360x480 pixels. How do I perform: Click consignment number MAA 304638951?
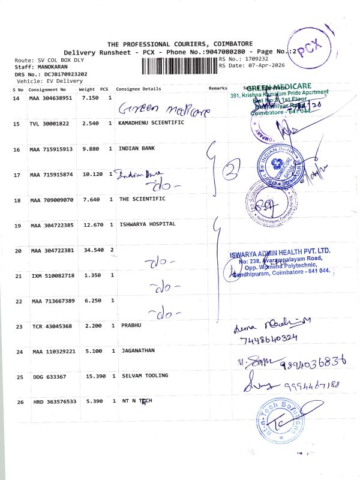click(50, 98)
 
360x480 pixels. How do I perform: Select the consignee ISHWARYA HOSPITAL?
click(147, 224)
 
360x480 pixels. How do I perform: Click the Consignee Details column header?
click(139, 89)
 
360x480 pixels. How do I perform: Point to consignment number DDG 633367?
click(46, 377)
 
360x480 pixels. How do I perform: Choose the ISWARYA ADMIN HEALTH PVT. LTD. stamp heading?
click(280, 251)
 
